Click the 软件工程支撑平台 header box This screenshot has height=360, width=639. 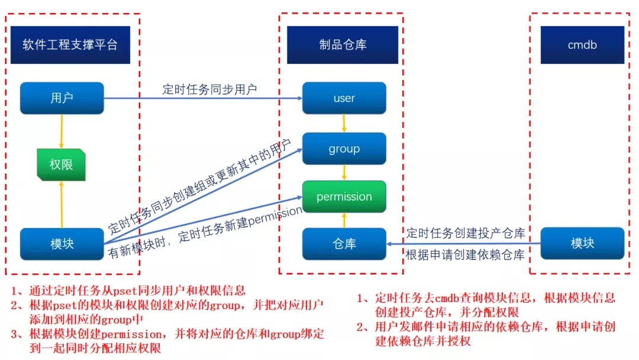[70, 45]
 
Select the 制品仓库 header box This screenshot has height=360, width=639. [343, 45]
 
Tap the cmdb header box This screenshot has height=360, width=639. [582, 45]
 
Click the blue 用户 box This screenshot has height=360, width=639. [62, 98]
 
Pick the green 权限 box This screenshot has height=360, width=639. [61, 164]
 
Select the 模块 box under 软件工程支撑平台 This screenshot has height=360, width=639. [62, 243]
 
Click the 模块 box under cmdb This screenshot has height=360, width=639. [582, 243]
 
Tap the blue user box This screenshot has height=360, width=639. [344, 98]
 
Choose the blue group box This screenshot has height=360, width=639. [344, 149]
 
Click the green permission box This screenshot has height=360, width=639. [344, 197]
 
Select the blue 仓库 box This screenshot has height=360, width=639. [344, 243]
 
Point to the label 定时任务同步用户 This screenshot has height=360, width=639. [209, 89]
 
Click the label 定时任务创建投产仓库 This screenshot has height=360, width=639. [465, 233]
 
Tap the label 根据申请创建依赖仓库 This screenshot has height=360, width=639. [465, 255]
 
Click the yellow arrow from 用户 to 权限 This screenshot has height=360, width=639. [62, 131]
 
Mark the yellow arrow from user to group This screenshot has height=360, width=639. [344, 123]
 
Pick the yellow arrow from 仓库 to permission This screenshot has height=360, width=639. [344, 220]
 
